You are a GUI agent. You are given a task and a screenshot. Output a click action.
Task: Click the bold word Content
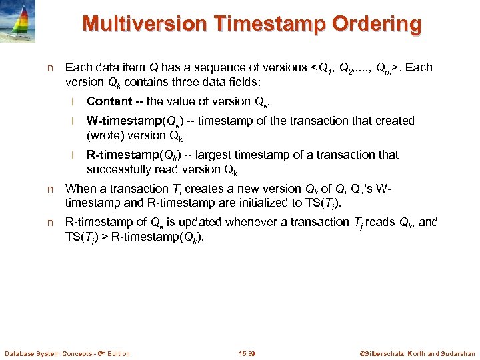pos(109,101)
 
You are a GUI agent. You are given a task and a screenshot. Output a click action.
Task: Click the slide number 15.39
pos(247,353)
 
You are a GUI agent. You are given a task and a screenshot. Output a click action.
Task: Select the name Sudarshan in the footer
pos(457,353)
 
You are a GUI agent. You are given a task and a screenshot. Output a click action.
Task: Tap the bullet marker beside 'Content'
pos(76,102)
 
